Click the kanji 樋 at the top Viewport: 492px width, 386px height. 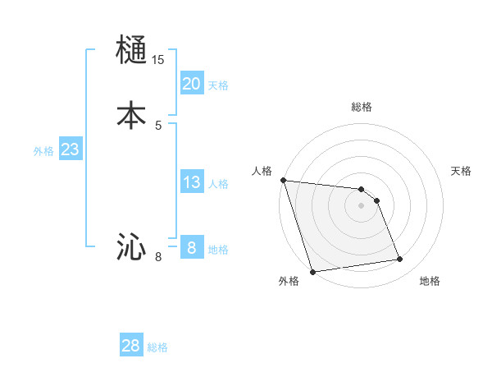(x=132, y=51)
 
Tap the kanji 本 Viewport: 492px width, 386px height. (x=132, y=114)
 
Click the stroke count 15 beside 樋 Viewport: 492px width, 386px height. (x=158, y=60)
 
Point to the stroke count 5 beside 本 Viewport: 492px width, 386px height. (x=158, y=125)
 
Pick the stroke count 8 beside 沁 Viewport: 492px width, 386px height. (x=158, y=257)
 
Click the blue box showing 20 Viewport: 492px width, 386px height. (x=192, y=83)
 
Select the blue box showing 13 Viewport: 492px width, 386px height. (x=192, y=182)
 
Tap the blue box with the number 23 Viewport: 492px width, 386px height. (x=71, y=149)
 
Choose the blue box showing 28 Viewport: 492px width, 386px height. (x=131, y=346)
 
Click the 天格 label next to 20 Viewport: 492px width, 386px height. (x=218, y=85)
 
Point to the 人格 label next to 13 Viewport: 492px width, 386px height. (x=218, y=184)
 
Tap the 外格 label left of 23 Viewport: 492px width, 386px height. (x=43, y=151)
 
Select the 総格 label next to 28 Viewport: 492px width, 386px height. (x=157, y=347)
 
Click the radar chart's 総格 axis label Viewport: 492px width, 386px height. (x=362, y=107)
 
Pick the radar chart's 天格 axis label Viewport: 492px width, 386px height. (x=462, y=171)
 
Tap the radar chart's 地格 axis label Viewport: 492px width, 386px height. (x=430, y=281)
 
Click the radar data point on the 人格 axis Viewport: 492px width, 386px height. (x=283, y=180)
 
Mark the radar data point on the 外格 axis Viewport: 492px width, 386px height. (x=312, y=271)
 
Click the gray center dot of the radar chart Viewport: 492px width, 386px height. (x=362, y=205)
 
